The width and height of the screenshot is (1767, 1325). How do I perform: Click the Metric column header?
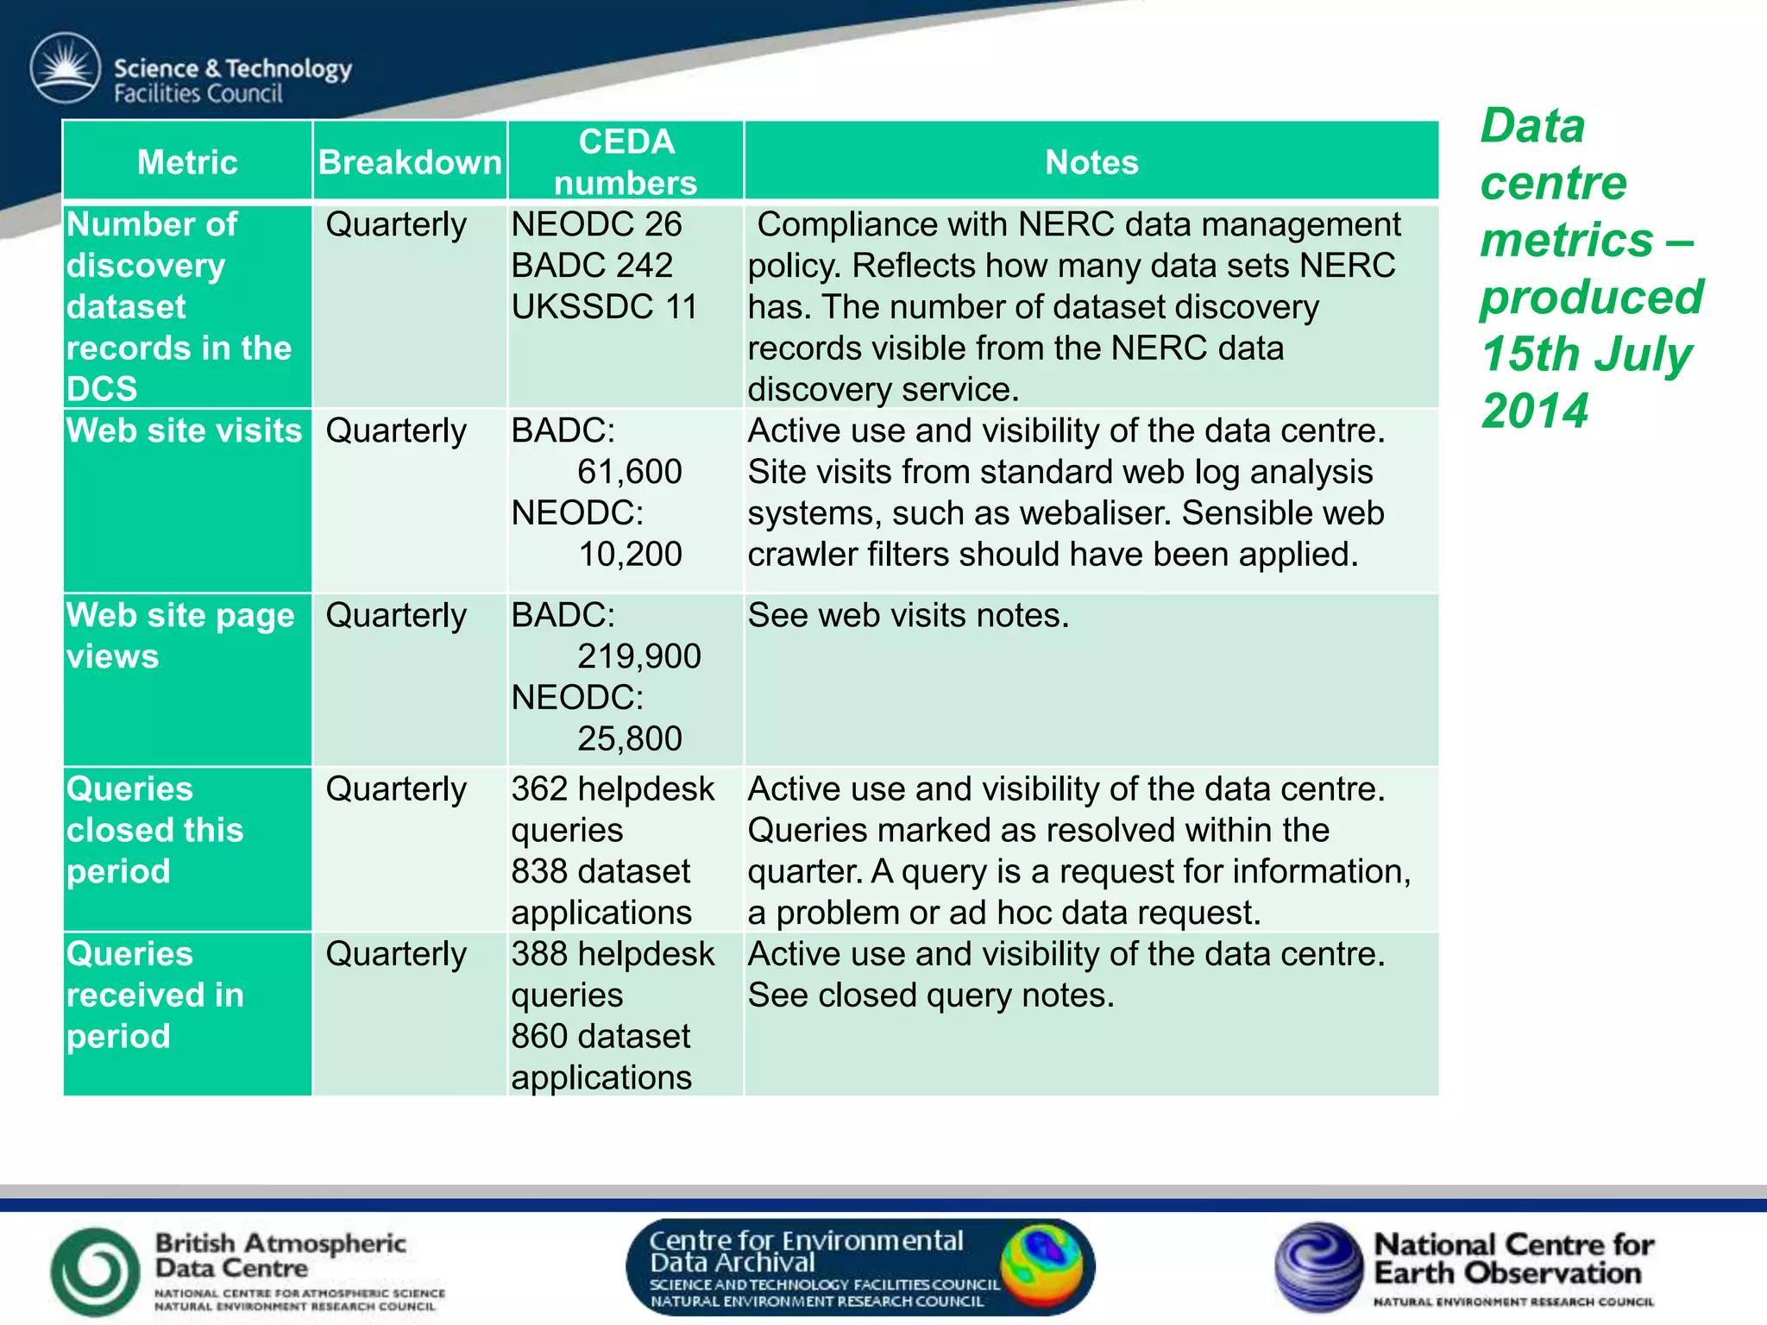[187, 162]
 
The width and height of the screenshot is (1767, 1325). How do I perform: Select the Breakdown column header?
[410, 162]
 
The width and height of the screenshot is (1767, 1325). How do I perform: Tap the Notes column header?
[1091, 162]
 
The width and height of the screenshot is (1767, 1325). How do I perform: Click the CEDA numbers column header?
[626, 162]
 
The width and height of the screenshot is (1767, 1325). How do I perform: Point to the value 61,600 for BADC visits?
[629, 472]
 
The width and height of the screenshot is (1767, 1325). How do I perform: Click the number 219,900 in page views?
[638, 656]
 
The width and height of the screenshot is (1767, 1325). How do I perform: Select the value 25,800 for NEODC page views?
[629, 738]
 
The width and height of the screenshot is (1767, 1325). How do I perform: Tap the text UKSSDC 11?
[604, 307]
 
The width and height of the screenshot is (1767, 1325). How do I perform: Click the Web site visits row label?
[184, 430]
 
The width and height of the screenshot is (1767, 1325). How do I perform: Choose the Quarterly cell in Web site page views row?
[396, 616]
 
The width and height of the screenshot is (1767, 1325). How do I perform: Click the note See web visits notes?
[908, 616]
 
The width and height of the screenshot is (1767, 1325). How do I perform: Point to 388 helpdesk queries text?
[613, 974]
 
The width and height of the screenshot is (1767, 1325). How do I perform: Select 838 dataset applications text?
[601, 892]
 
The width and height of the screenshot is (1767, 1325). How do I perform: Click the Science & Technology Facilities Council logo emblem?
[66, 69]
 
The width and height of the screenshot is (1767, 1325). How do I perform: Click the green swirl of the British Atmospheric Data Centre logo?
[95, 1272]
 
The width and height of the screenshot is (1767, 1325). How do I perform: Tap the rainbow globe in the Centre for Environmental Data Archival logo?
[1041, 1265]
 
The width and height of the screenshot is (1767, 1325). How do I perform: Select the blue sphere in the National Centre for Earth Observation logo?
[1318, 1266]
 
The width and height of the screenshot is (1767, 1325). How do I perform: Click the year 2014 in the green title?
[1534, 411]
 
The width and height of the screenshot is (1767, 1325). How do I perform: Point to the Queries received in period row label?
[155, 995]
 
